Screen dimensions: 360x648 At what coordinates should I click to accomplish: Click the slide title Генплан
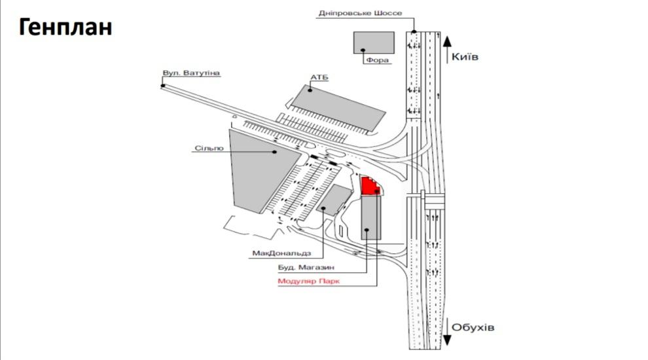(65, 27)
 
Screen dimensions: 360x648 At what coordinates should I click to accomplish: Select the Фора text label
(378, 60)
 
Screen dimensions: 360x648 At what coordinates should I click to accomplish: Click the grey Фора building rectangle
(374, 42)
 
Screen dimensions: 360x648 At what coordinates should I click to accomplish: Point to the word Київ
(465, 57)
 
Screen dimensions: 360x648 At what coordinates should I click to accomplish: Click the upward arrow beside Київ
(447, 50)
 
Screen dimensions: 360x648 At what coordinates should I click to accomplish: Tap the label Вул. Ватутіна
(192, 72)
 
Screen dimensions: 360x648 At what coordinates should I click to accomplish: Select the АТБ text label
(319, 78)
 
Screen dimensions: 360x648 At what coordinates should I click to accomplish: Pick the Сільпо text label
(209, 149)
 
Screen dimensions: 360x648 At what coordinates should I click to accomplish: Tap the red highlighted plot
(370, 185)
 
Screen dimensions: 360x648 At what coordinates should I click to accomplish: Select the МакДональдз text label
(281, 252)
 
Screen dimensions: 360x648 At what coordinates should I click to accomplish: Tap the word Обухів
(473, 327)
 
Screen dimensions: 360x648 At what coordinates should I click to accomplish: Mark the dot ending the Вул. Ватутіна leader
(163, 85)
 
